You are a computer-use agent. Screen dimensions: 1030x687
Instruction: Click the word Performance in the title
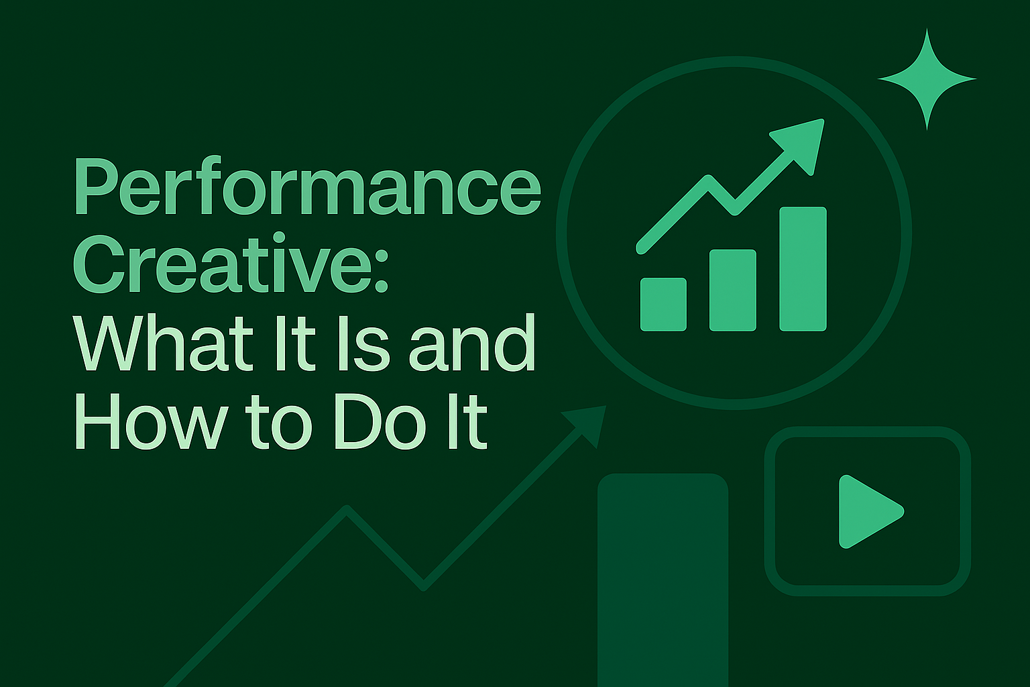click(307, 185)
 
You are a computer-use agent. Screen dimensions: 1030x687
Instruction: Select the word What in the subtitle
click(164, 343)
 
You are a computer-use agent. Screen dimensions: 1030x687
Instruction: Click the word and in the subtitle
click(473, 343)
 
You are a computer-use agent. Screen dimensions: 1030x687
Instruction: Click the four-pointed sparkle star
click(927, 79)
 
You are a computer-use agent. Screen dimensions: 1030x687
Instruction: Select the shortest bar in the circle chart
click(663, 304)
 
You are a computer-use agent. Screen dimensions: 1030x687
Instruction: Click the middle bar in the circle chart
click(733, 290)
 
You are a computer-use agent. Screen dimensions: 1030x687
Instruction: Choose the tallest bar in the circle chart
click(803, 269)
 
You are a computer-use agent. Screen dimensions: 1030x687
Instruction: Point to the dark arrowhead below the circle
click(586, 424)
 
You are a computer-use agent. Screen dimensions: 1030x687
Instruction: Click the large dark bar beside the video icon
click(663, 580)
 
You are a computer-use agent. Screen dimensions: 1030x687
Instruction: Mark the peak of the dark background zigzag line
click(346, 508)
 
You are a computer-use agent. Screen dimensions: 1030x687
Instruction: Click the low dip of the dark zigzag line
click(424, 588)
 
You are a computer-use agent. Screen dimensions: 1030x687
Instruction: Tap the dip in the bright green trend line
click(734, 211)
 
